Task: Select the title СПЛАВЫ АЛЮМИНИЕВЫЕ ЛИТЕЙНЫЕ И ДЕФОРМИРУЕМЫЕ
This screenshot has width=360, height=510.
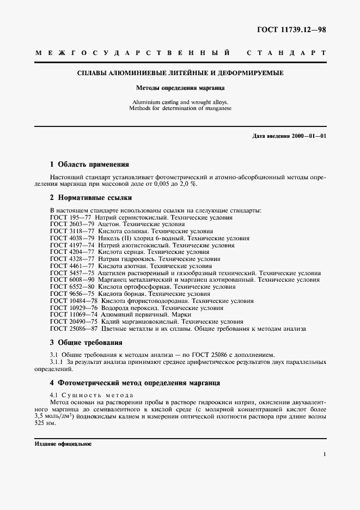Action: point(180,72)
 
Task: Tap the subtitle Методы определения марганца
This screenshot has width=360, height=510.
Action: point(180,87)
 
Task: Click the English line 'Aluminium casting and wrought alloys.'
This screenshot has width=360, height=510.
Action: point(180,102)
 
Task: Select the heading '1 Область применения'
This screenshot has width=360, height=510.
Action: point(89,164)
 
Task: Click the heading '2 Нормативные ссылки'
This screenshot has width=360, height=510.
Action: point(90,198)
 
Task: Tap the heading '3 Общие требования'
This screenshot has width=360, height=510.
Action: point(86,343)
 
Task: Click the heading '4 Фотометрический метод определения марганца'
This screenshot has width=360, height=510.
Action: point(135,382)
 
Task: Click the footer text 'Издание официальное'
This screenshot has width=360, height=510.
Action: point(63,444)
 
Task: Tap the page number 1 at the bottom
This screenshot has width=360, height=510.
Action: point(324,453)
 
